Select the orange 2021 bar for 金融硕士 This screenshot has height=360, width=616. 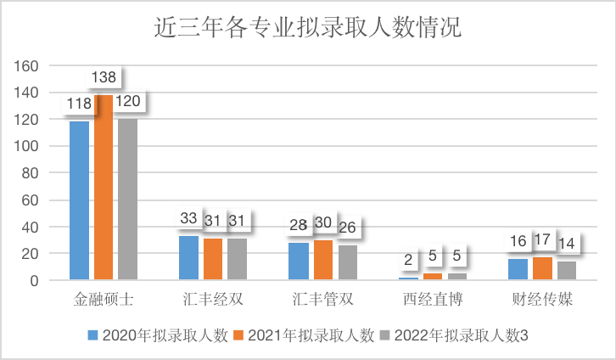point(104,187)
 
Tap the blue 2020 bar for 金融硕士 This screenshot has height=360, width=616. point(79,200)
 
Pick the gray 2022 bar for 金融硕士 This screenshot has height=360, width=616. point(127,199)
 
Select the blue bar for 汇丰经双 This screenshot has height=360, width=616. point(188,257)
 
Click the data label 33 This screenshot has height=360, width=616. point(188,219)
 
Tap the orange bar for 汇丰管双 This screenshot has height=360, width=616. point(323,259)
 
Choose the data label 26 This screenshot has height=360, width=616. point(347,228)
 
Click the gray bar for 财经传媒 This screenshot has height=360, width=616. point(566,270)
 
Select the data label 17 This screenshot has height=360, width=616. point(542,240)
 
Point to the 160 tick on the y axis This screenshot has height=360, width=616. point(29,66)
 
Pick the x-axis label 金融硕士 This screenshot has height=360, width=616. point(104,301)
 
